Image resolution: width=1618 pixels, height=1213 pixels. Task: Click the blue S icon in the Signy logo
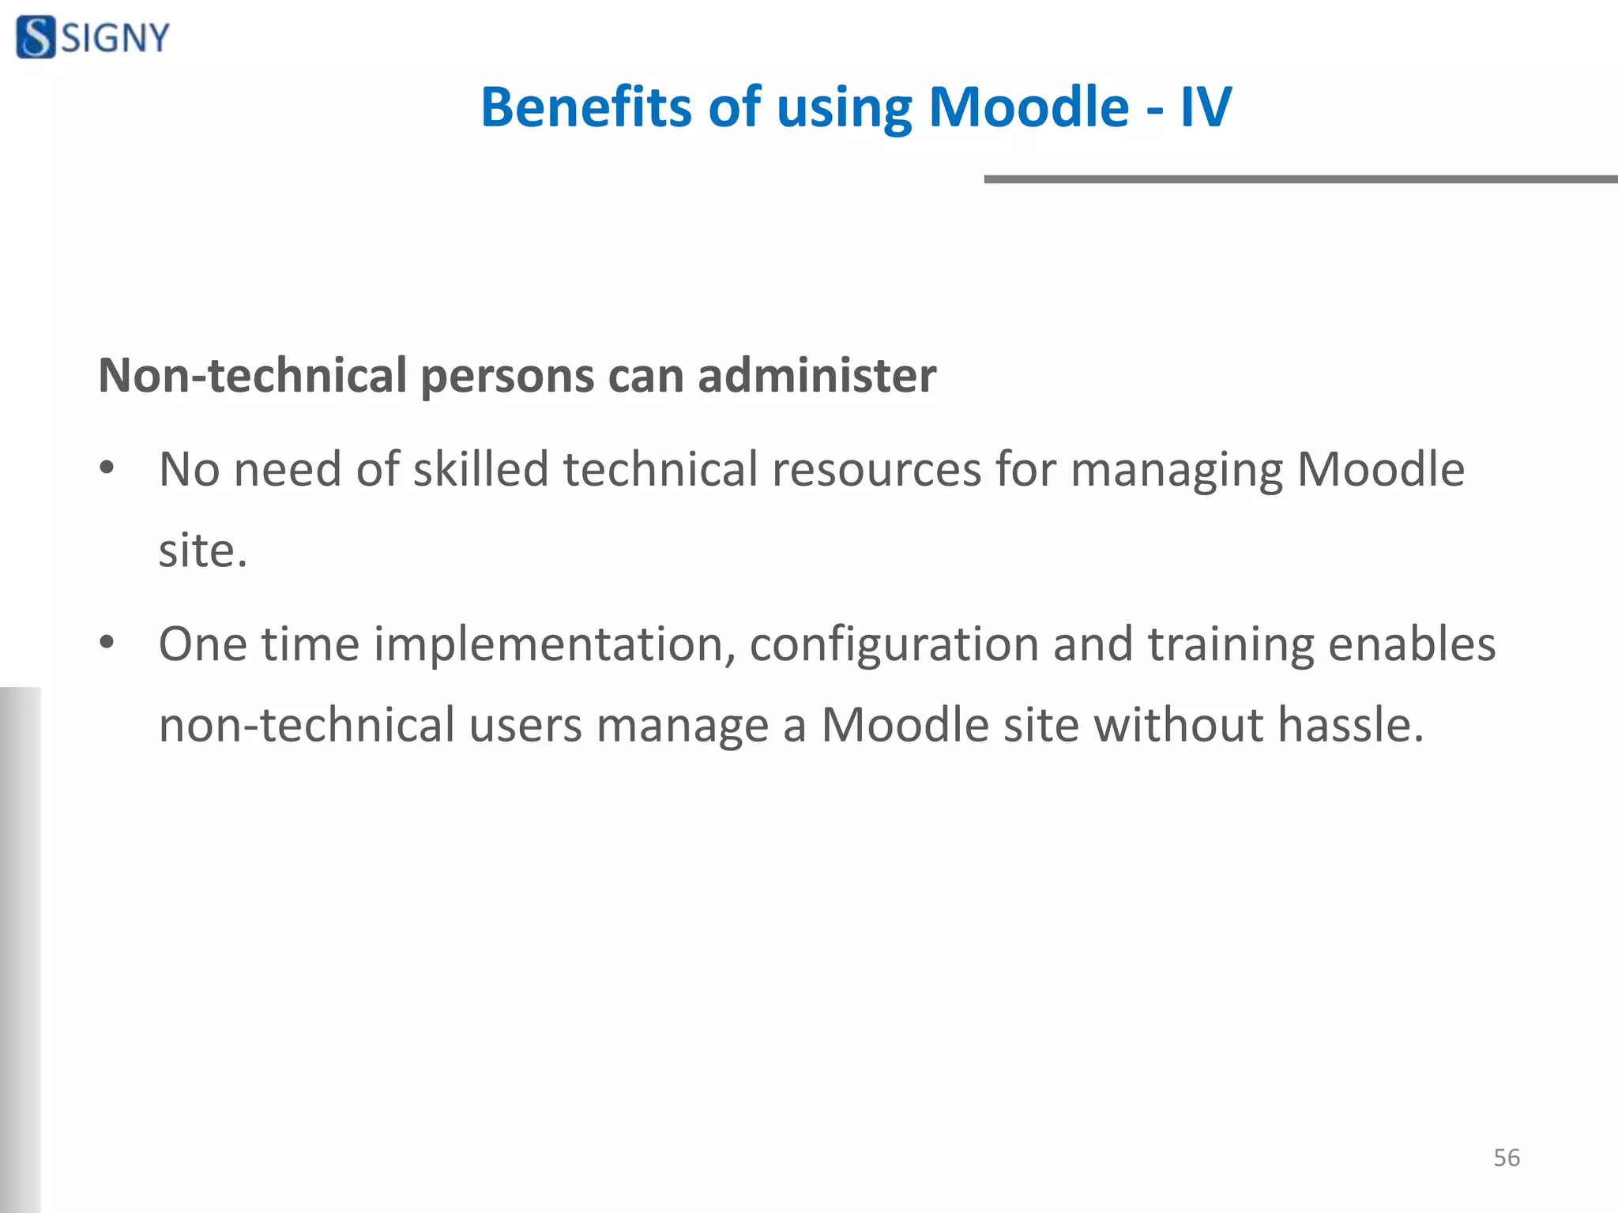tap(36, 37)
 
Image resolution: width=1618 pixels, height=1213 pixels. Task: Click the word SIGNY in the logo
tap(115, 38)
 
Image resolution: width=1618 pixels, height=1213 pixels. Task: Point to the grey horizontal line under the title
tap(1300, 179)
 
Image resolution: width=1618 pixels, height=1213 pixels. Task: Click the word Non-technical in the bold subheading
tap(253, 375)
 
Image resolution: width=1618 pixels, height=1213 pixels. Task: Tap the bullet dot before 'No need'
tap(107, 468)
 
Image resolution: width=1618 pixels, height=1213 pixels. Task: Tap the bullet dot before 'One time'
tap(107, 643)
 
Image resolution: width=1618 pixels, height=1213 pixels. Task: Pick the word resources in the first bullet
tap(875, 469)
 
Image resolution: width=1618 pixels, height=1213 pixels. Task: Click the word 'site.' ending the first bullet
tap(203, 550)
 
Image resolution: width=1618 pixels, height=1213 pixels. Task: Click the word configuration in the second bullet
tap(894, 644)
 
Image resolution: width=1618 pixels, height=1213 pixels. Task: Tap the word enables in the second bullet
tap(1412, 644)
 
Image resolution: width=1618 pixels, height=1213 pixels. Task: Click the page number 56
tap(1506, 1158)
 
